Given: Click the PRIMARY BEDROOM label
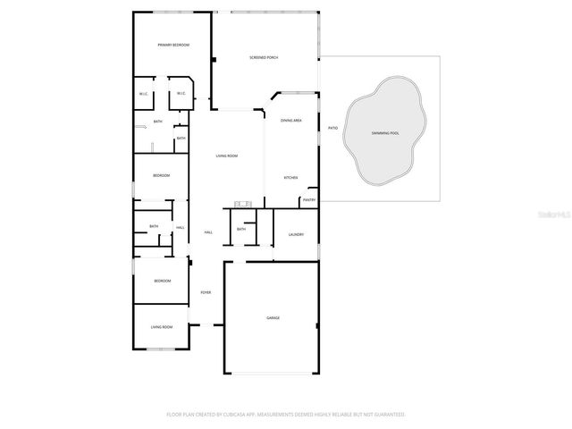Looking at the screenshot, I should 173,45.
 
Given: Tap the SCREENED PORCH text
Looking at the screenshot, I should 264,57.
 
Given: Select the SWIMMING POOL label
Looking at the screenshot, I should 385,133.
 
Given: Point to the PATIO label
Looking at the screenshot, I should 332,128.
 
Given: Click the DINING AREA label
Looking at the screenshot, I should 291,120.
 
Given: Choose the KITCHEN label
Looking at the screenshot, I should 290,178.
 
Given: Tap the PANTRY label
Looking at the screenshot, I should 309,200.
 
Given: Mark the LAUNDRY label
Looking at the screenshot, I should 296,235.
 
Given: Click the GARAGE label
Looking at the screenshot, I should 273,317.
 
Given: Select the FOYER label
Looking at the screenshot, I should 206,292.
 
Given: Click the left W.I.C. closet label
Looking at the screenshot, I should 143,94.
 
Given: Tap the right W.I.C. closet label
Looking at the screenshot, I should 181,93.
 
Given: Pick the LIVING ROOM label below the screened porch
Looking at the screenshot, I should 227,156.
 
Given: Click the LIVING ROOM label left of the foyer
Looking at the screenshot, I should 161,327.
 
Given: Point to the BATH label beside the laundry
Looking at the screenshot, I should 241,230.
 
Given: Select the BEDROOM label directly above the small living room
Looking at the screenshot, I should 161,282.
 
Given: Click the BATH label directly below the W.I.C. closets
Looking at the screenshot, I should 157,122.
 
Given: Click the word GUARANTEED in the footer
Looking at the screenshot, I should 384,415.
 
